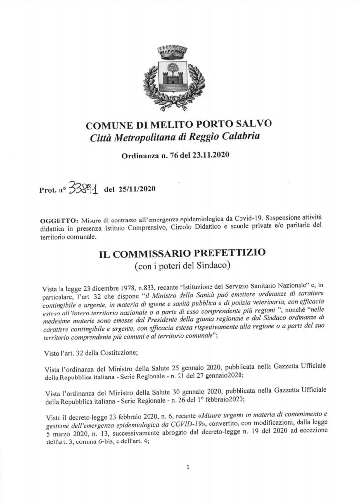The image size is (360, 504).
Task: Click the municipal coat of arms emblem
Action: tap(174, 76)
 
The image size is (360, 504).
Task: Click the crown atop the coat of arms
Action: tap(174, 50)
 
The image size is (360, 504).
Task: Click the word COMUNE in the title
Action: tap(106, 125)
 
